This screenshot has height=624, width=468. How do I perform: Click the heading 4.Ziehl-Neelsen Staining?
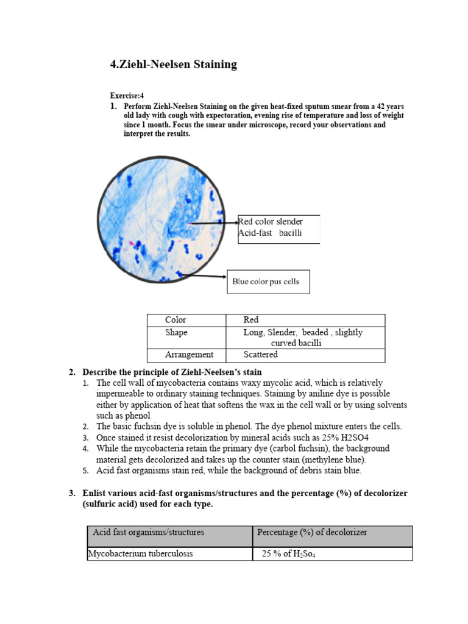pos(173,65)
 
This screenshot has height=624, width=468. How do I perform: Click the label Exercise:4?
pos(127,96)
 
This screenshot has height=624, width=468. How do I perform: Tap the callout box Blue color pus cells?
pos(268,282)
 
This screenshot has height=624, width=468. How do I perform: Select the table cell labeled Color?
pos(186,320)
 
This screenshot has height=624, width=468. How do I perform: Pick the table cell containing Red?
pos(305,320)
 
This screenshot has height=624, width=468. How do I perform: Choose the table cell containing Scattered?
pos(305,355)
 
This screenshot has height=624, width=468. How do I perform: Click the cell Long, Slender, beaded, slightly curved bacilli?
pos(305,338)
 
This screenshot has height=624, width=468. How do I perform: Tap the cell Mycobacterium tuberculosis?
pos(170,554)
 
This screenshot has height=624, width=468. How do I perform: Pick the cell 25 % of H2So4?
pos(332,554)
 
